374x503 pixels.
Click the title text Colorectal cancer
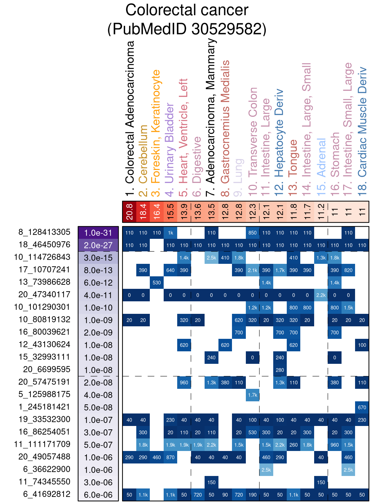pyautogui.click(x=187, y=10)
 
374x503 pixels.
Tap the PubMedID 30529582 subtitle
pyautogui.click(x=187, y=29)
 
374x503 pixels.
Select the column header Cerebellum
pyautogui.click(x=143, y=154)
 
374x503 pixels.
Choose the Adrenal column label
pyautogui.click(x=321, y=157)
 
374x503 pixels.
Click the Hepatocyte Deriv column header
pyautogui.click(x=280, y=133)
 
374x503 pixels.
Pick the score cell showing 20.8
pyautogui.click(x=129, y=212)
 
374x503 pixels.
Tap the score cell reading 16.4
pyautogui.click(x=157, y=212)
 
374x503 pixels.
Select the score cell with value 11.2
pyautogui.click(x=321, y=212)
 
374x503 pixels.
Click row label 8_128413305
pyautogui.click(x=44, y=232)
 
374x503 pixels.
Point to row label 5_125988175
pyautogui.click(x=44, y=394)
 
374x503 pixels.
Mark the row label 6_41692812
pyautogui.click(x=47, y=494)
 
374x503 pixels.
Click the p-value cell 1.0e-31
pyautogui.click(x=98, y=233)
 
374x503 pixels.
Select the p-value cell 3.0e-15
pyautogui.click(x=98, y=258)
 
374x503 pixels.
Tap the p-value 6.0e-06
pyautogui.click(x=98, y=495)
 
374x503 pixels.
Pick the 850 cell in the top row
pyautogui.click(x=253, y=233)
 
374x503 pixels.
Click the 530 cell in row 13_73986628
pyautogui.click(x=157, y=283)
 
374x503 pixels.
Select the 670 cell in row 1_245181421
pyautogui.click(x=362, y=407)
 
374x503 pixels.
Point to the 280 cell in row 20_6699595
pyautogui.click(x=280, y=370)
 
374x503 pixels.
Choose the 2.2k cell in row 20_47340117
pyautogui.click(x=321, y=295)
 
